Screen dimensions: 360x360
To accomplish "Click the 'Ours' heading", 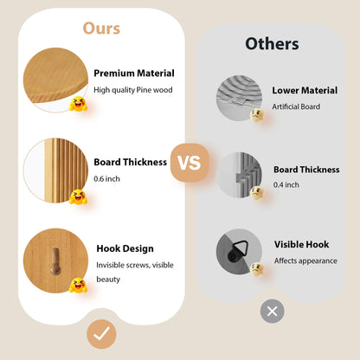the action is [101, 29].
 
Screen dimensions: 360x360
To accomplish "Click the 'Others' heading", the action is [272, 44].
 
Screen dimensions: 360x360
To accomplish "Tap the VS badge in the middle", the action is [190, 163].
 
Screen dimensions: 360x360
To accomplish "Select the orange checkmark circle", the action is [101, 334].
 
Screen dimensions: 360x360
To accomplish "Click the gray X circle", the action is [273, 312].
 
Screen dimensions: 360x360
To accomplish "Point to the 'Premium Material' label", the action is [134, 74].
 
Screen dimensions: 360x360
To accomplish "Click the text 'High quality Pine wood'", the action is [133, 90].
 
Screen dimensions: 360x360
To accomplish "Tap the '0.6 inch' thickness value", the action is [106, 179].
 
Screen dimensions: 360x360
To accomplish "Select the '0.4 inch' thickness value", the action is [286, 184].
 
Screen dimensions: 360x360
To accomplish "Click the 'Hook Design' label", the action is [125, 248].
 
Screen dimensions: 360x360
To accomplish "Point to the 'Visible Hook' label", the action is [301, 245].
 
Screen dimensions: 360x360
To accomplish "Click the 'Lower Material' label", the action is [305, 90].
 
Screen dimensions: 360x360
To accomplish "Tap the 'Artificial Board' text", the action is [296, 106].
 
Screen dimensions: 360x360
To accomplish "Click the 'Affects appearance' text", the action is [305, 260].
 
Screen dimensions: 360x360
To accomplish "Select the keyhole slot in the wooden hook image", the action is [55, 261].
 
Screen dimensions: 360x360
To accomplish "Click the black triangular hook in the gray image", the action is [237, 252].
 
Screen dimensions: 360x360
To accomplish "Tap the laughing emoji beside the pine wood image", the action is [78, 105].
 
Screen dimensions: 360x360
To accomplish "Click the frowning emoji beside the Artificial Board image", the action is [257, 115].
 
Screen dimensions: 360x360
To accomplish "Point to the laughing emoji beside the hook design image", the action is [78, 286].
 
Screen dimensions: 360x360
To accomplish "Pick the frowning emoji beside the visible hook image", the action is [257, 269].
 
